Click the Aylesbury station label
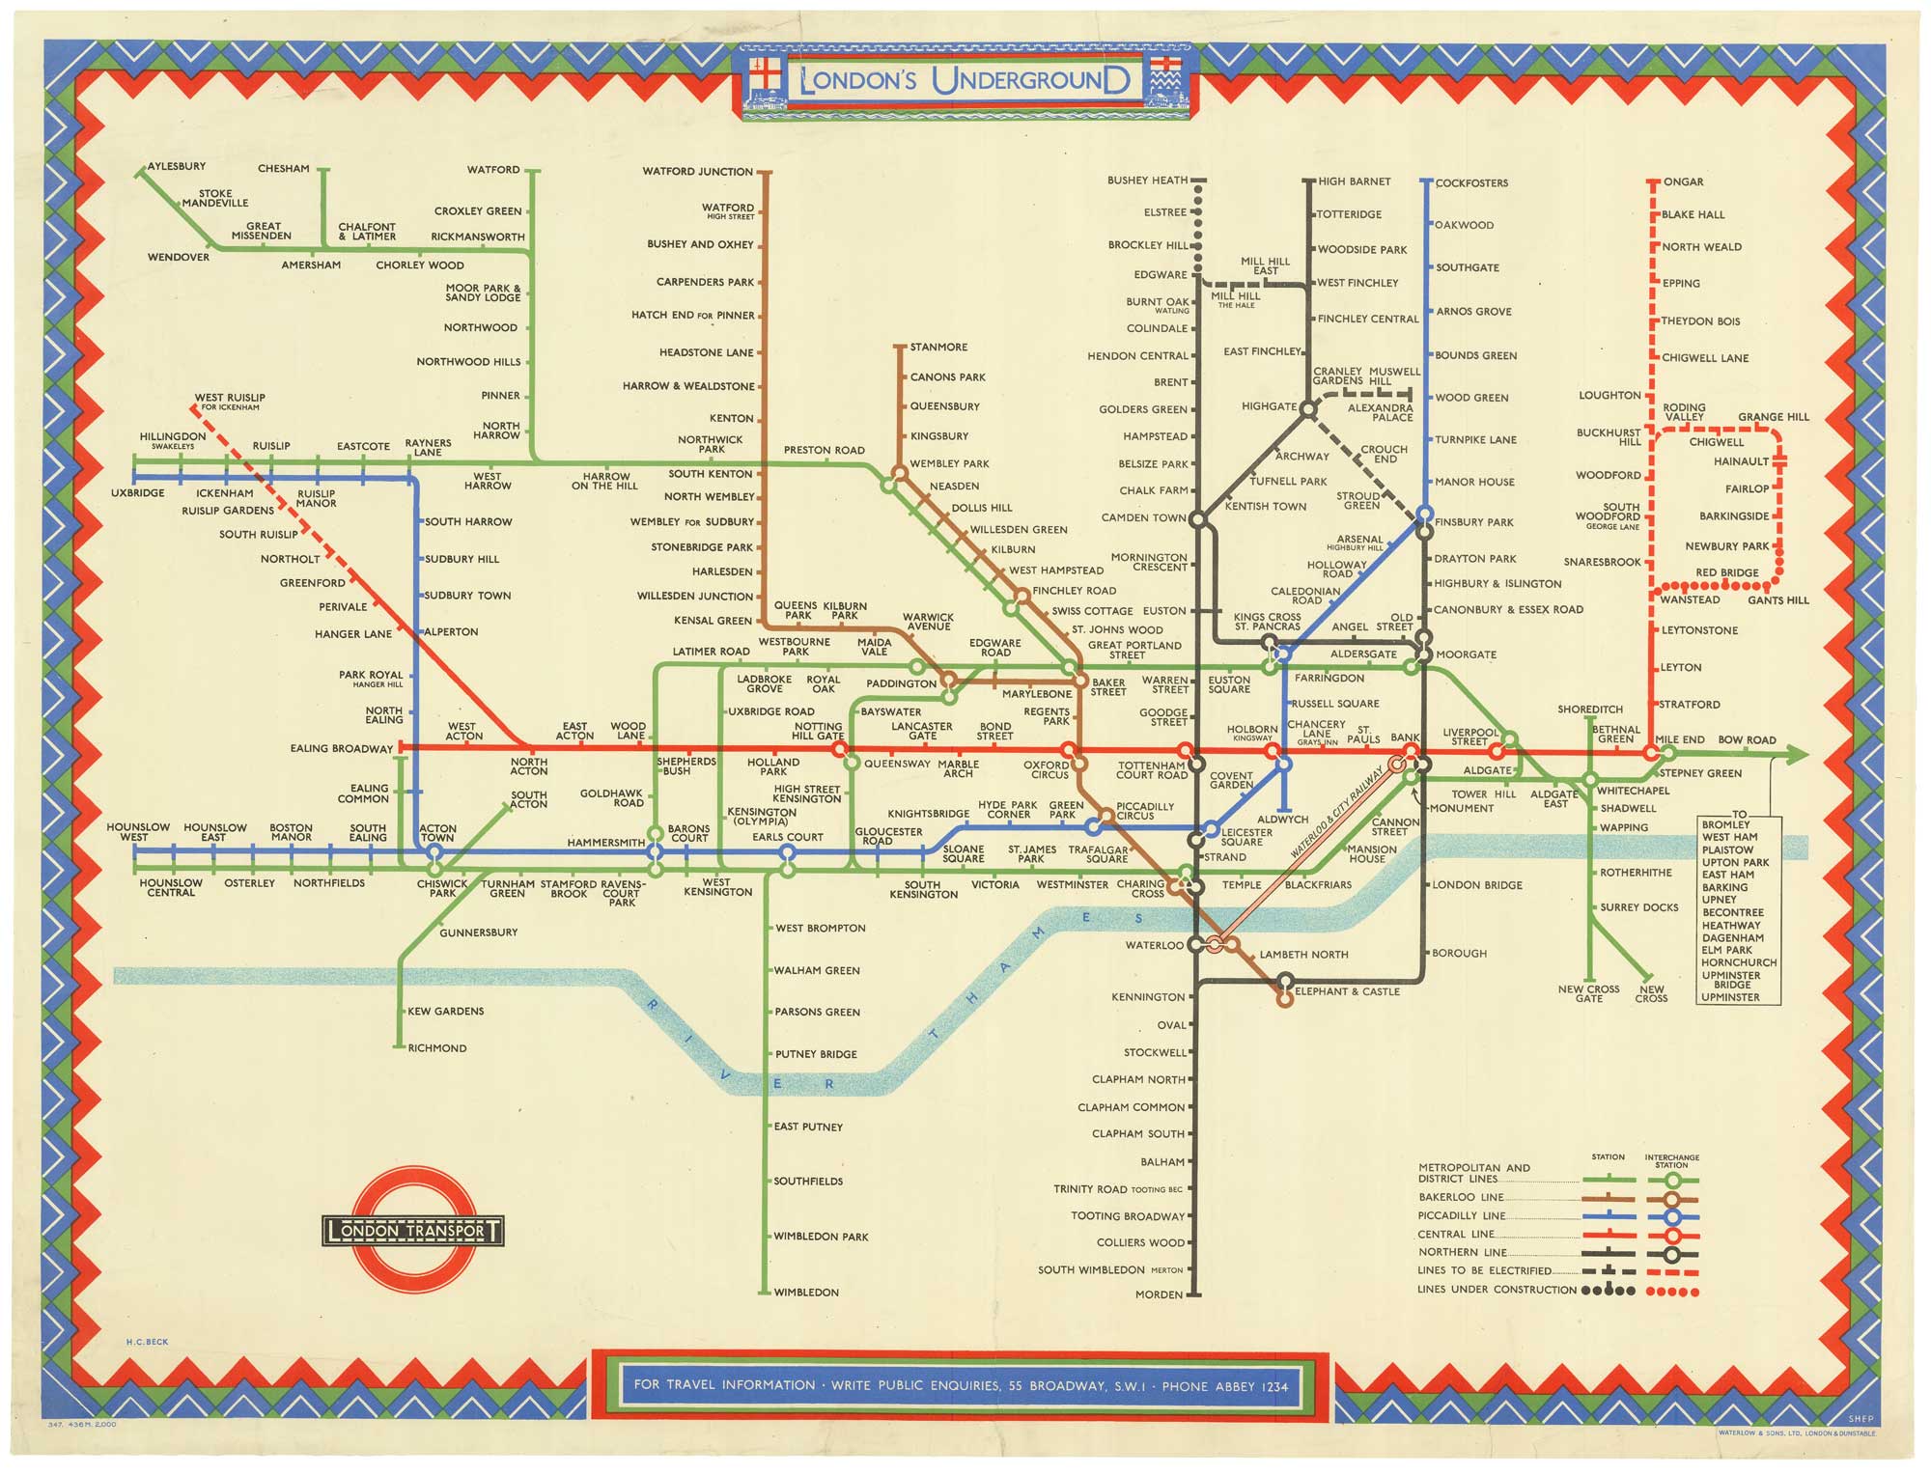(x=176, y=166)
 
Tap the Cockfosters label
(x=1471, y=182)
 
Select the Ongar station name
(x=1683, y=181)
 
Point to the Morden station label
(x=1159, y=1294)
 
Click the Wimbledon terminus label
(x=806, y=1292)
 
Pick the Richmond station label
(x=436, y=1047)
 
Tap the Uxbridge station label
(x=138, y=492)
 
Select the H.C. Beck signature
(x=147, y=1342)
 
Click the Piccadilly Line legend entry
(x=1462, y=1215)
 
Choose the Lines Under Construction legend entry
(x=1497, y=1290)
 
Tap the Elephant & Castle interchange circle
(x=1285, y=982)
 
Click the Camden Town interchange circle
(x=1198, y=519)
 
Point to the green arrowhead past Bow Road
(x=1796, y=755)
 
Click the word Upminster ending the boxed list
(x=1730, y=997)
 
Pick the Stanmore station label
(x=938, y=347)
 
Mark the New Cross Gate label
(x=1588, y=993)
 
